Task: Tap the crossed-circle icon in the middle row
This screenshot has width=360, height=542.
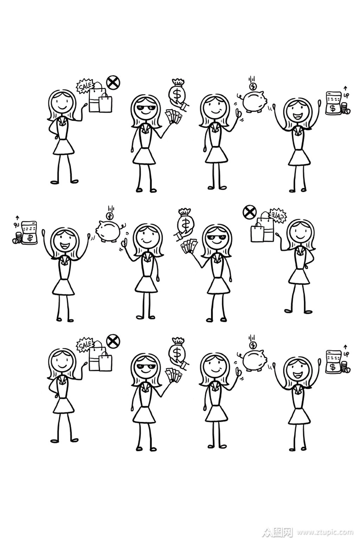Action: (249, 212)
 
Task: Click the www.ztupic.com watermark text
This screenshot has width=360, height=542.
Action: (325, 532)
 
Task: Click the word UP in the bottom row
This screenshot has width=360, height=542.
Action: (346, 354)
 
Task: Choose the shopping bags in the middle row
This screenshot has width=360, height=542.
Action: (262, 231)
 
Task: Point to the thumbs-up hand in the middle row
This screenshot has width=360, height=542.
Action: (124, 243)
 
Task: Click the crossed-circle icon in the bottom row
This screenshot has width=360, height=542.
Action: (113, 340)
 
